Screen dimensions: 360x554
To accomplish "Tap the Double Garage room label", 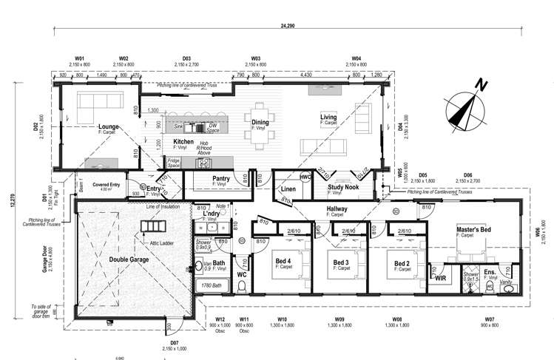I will click(129, 259).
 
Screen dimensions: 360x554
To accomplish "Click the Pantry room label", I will click(220, 178).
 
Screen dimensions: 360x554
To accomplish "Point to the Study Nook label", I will click(344, 188).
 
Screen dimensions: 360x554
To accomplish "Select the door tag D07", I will click(174, 342).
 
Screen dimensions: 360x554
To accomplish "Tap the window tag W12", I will click(220, 319).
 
